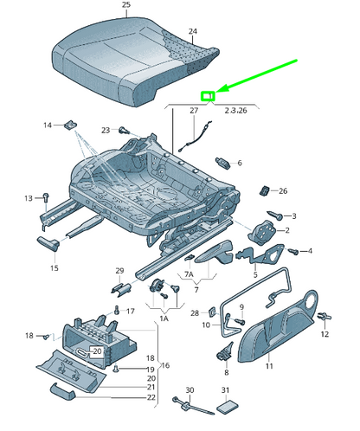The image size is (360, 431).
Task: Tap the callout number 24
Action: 193,32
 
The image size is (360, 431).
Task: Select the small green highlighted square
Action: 208,97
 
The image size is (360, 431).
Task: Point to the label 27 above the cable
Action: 194,111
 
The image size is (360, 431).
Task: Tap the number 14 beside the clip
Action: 48,126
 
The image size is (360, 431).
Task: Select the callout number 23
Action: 106,131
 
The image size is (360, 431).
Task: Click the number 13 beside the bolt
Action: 28,197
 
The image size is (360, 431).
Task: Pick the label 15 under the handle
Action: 54,268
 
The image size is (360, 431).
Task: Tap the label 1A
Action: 164,318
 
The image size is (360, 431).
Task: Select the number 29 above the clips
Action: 120,271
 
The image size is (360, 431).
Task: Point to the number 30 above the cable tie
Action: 190,390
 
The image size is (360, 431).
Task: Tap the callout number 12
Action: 325,333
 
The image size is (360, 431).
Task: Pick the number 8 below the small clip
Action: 227,372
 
